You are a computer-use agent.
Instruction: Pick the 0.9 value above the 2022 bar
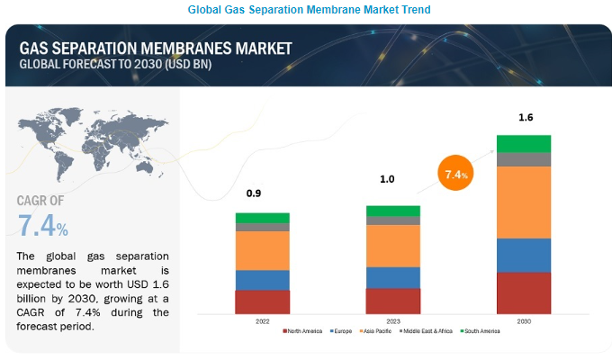(255, 193)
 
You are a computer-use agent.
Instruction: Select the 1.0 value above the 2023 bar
(387, 179)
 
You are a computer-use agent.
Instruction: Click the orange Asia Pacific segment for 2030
(524, 202)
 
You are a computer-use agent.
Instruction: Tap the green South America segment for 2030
(524, 143)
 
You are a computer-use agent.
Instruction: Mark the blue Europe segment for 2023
(392, 277)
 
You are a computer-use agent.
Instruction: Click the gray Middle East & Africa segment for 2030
(524, 159)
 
